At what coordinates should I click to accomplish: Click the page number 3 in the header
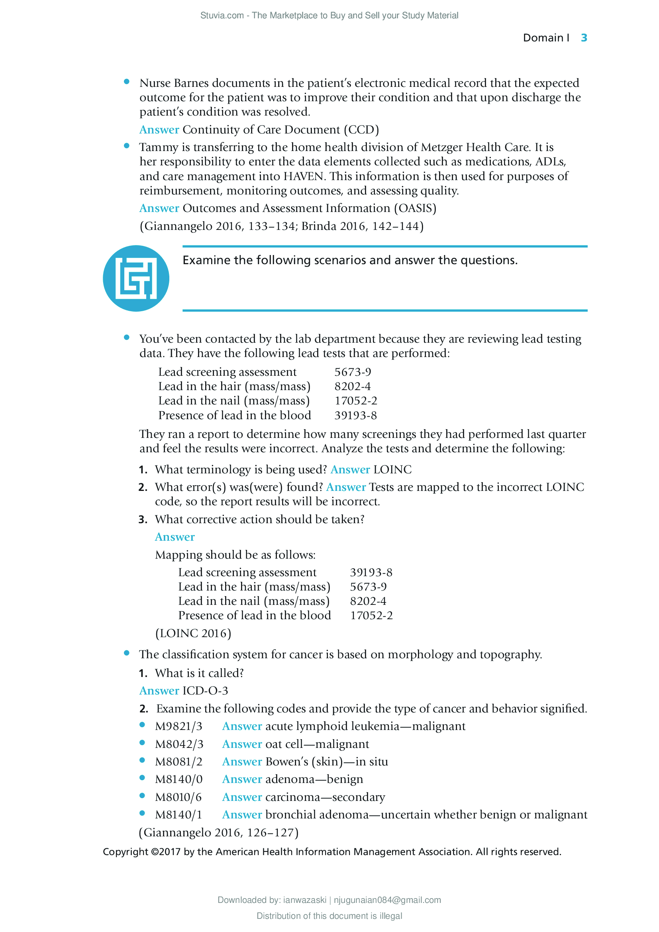(584, 38)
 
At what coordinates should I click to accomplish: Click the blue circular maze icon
(136, 278)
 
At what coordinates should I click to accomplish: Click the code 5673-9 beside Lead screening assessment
(353, 372)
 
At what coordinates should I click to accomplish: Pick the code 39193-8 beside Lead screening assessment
(371, 572)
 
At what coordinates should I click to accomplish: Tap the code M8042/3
(179, 744)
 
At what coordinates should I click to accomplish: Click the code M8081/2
(178, 761)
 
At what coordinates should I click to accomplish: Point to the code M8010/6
(178, 797)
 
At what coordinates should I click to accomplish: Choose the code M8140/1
(178, 814)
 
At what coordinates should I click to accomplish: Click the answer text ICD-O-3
(205, 691)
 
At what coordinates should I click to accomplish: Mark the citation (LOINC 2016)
(193, 633)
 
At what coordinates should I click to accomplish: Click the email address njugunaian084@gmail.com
(387, 900)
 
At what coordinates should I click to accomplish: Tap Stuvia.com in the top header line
(222, 16)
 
